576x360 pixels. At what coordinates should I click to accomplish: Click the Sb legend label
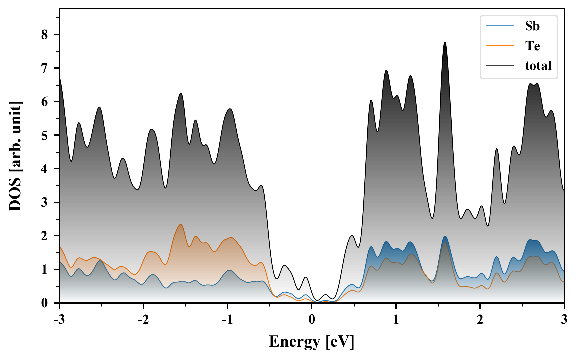coord(532,26)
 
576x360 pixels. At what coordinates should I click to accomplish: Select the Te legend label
coord(532,46)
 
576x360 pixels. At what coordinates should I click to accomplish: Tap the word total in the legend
coord(538,65)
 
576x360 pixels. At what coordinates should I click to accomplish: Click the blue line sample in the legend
coord(500,26)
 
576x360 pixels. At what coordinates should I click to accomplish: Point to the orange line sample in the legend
coord(500,46)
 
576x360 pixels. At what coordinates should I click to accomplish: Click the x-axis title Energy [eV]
coord(311,342)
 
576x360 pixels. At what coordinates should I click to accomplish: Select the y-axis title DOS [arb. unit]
coord(15,156)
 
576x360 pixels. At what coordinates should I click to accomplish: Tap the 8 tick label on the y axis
coord(45,35)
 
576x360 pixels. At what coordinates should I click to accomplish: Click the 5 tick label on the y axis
coord(45,135)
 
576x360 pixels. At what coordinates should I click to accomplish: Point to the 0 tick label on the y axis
coord(45,303)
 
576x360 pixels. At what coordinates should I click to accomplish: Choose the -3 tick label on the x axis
coord(59,319)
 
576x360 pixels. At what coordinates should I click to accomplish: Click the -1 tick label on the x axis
coord(227,319)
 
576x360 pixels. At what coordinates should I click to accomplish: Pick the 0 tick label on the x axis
coord(312,319)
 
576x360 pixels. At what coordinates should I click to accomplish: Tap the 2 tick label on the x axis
coord(480,319)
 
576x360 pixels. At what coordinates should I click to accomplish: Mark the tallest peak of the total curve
coord(445,42)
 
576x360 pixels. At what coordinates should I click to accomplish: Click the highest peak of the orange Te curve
coord(181,225)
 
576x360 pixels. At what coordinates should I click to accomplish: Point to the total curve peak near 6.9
coord(386,70)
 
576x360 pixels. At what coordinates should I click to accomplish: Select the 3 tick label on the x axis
coord(564,319)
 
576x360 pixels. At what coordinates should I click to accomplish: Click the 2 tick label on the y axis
coord(45,236)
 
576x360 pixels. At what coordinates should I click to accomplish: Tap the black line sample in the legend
coord(500,65)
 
